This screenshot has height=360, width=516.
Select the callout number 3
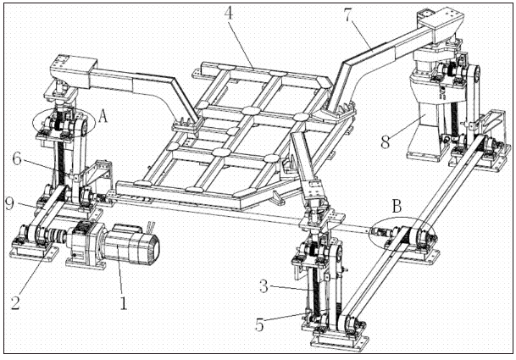264,286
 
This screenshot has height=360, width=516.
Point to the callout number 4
229,14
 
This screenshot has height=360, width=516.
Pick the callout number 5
259,324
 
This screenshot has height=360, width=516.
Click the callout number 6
17,159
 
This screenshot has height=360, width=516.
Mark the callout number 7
349,15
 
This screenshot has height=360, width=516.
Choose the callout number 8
386,142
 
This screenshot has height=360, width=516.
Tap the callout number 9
10,203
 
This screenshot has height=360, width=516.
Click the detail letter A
103,116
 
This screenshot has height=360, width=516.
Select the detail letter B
397,207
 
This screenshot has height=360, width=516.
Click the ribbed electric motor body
131,244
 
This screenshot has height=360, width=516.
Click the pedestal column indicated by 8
424,129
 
